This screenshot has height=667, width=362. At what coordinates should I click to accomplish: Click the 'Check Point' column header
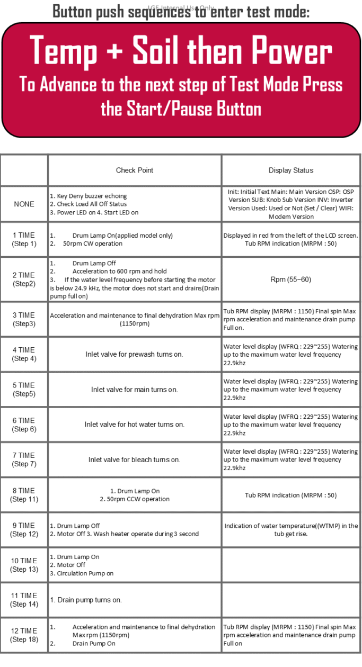(x=135, y=170)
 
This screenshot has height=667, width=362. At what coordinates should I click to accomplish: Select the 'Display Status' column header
(x=290, y=170)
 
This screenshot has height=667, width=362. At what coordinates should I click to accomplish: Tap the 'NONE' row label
(x=24, y=204)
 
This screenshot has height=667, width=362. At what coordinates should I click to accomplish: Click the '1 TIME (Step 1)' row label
(x=24, y=240)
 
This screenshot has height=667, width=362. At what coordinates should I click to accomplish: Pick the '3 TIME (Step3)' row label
(x=24, y=319)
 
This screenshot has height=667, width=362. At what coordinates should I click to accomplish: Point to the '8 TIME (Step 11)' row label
(x=24, y=495)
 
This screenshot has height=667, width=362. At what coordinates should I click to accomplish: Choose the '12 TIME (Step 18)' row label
(x=24, y=635)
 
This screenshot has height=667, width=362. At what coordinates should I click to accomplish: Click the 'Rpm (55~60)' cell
(x=290, y=280)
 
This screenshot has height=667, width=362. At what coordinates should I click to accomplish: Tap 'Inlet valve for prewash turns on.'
(x=134, y=354)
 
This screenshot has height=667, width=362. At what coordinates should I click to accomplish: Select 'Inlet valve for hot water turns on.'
(x=134, y=425)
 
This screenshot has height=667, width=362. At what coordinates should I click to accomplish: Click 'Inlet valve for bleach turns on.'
(x=134, y=459)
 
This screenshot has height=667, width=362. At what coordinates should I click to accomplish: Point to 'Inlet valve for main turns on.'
(x=134, y=390)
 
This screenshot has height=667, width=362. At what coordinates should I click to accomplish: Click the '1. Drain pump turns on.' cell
(x=86, y=600)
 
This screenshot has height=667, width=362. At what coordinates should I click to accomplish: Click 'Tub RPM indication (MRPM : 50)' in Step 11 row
(x=290, y=495)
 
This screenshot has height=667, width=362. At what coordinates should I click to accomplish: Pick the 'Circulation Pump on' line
(x=85, y=573)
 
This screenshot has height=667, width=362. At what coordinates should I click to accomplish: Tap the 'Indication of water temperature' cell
(x=290, y=530)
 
